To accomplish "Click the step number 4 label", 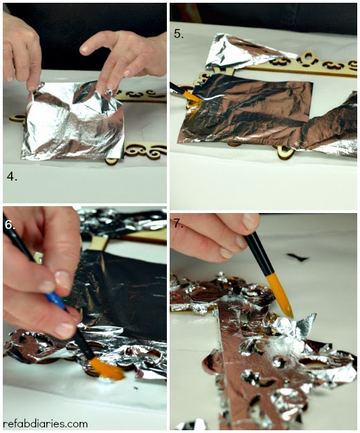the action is (x=12, y=177).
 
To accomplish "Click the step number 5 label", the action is (x=179, y=34).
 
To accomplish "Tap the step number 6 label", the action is (x=10, y=225).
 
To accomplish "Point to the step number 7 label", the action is (x=179, y=223).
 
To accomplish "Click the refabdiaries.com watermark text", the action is (x=45, y=423).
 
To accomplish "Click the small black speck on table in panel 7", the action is (x=297, y=257).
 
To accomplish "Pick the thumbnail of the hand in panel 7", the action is (x=251, y=221).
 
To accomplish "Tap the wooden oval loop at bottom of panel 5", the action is (x=285, y=151).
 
